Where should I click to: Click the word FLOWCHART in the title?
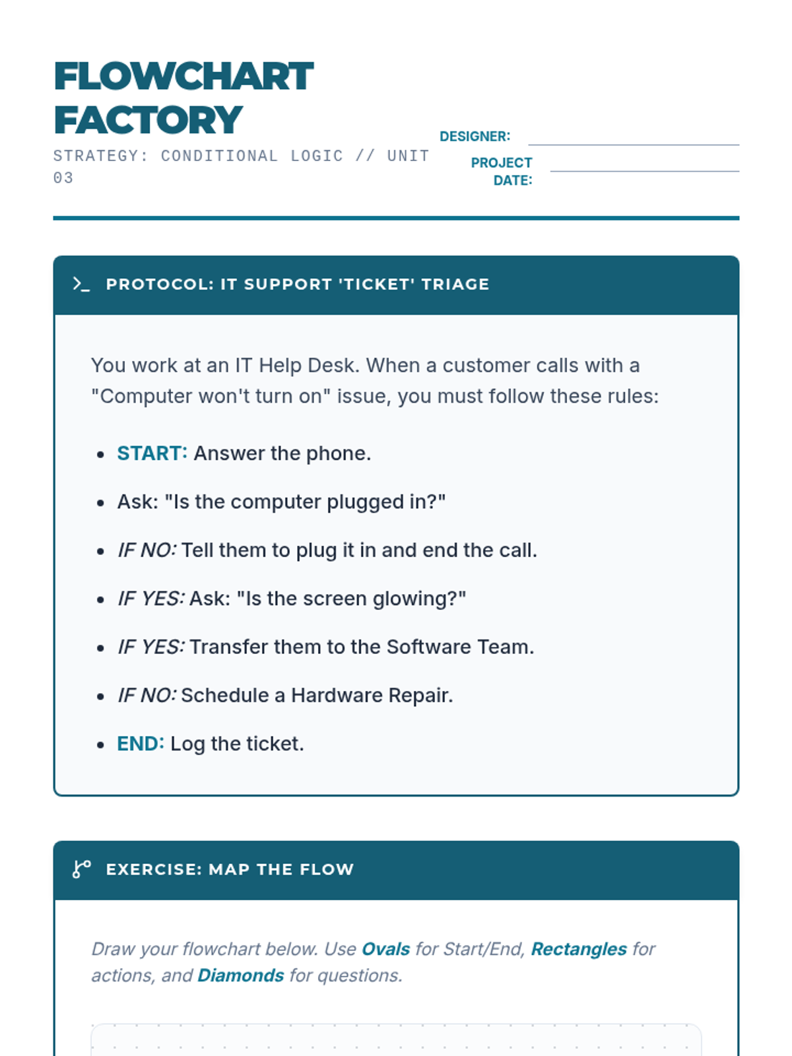(183, 77)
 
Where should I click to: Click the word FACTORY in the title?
(148, 120)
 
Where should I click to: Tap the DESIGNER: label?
(475, 137)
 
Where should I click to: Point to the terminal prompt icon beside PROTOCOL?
(81, 284)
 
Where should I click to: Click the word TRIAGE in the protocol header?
(455, 284)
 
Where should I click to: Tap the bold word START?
(152, 453)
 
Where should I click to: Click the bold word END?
(140, 744)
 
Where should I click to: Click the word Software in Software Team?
(429, 647)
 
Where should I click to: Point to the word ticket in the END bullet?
(274, 744)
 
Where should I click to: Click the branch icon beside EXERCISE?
(81, 869)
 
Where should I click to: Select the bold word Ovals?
(385, 949)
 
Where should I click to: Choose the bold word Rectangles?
(579, 949)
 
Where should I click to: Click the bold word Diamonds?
(240, 975)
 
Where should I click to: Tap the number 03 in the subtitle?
(63, 178)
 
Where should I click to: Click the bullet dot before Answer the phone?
(100, 454)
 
